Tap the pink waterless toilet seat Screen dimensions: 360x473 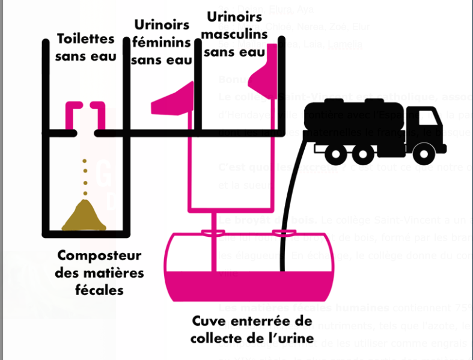85,114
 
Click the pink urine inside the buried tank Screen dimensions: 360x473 249,285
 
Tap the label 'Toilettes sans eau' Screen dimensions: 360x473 85,47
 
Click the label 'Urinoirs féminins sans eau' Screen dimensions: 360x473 161,42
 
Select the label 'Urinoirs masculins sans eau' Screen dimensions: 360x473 234,34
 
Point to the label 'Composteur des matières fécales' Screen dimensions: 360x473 99,272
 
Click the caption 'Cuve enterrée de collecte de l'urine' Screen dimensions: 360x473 252,329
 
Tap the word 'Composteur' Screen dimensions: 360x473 99,255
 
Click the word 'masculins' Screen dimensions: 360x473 234,34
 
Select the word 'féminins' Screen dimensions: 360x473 161,42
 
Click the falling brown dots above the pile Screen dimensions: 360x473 85,177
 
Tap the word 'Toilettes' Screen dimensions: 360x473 85,38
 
